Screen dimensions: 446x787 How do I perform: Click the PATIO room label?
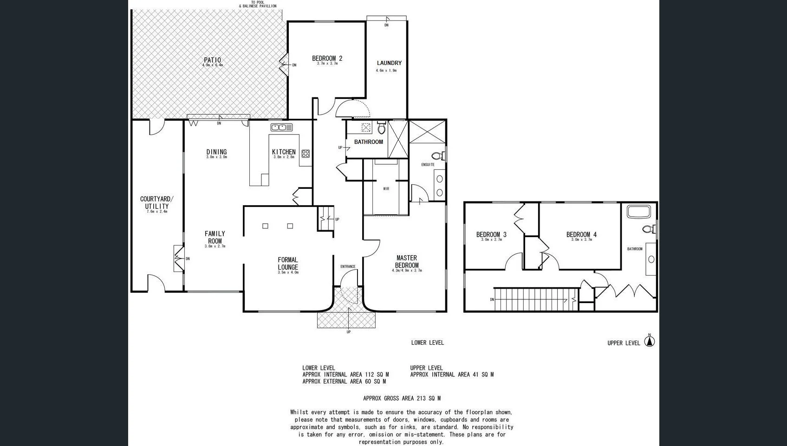(213, 60)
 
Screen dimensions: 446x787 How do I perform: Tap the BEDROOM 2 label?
(327, 58)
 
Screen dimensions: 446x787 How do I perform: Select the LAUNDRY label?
(389, 63)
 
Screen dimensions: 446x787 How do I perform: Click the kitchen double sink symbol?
(281, 127)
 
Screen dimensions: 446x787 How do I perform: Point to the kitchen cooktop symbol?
(306, 154)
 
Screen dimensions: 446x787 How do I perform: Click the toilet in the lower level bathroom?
(382, 128)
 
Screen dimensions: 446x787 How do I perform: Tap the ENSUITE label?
(428, 165)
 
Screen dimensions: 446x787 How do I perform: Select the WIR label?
(386, 189)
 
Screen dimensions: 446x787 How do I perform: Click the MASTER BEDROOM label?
(407, 262)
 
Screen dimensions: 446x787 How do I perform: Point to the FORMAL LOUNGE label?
(288, 264)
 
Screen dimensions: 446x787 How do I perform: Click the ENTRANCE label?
(348, 266)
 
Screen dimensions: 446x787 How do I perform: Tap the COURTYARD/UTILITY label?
(156, 203)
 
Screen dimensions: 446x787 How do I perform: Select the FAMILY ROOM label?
(215, 237)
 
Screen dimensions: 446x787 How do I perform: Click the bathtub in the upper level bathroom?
(639, 212)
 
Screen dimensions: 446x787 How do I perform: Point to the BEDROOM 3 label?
(491, 234)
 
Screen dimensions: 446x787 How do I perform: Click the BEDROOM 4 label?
(581, 234)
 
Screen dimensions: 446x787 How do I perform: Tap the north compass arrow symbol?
(650, 341)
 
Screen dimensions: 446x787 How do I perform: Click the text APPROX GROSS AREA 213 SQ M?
(402, 398)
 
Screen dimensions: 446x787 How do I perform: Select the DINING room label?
(216, 152)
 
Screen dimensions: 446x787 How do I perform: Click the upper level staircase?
(534, 299)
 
